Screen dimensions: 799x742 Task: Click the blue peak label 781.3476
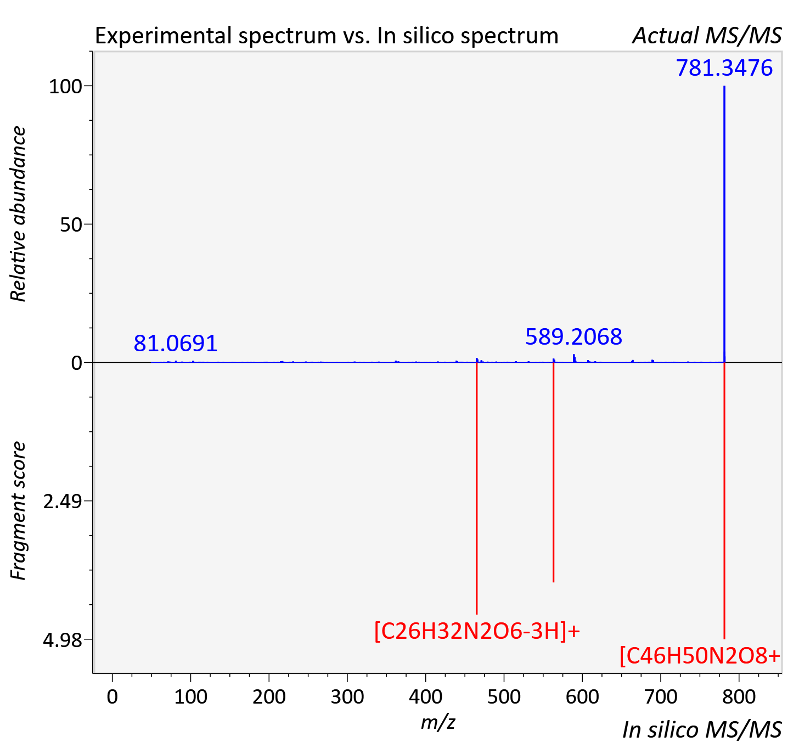[x=724, y=68]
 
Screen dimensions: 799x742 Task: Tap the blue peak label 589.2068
[x=573, y=336]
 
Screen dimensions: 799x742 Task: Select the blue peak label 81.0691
[x=176, y=343]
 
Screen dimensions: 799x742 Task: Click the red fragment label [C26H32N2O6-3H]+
[x=477, y=631]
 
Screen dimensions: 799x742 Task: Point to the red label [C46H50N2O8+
[x=700, y=655]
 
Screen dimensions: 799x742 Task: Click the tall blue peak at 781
[x=724, y=224]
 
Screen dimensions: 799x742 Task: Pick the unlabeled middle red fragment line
[x=554, y=471]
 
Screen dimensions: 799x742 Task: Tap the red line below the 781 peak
[x=724, y=501]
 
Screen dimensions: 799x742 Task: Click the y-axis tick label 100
[x=65, y=87]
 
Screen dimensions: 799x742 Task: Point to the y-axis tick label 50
[x=71, y=225]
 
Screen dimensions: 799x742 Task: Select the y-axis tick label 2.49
[x=63, y=502]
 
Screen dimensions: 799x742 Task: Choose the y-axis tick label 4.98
[x=63, y=640]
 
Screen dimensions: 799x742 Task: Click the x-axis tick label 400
[x=426, y=697]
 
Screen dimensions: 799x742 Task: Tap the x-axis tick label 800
[x=739, y=697]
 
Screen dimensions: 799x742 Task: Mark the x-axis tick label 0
[x=112, y=697]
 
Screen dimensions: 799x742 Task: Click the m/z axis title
[x=438, y=722]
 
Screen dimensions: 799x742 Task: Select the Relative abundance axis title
[x=18, y=213]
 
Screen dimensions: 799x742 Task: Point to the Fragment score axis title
[x=18, y=510]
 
